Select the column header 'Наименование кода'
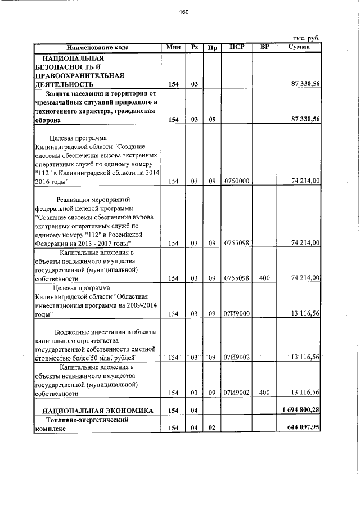(97, 47)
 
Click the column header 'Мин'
(173, 47)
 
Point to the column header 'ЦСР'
(236, 47)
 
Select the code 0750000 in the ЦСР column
(236, 181)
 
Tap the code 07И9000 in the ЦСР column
(236, 314)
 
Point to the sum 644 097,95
(302, 429)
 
